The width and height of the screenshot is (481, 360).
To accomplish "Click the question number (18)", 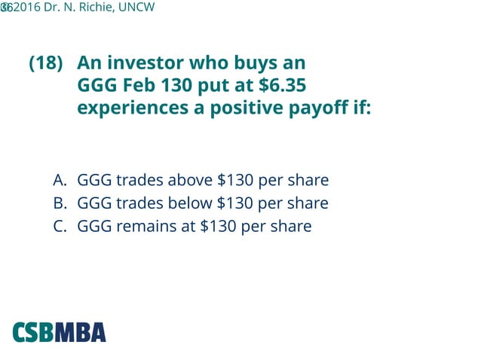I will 45,63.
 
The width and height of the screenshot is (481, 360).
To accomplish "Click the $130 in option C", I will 219,226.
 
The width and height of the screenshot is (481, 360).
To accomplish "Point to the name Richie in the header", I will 90,8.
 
